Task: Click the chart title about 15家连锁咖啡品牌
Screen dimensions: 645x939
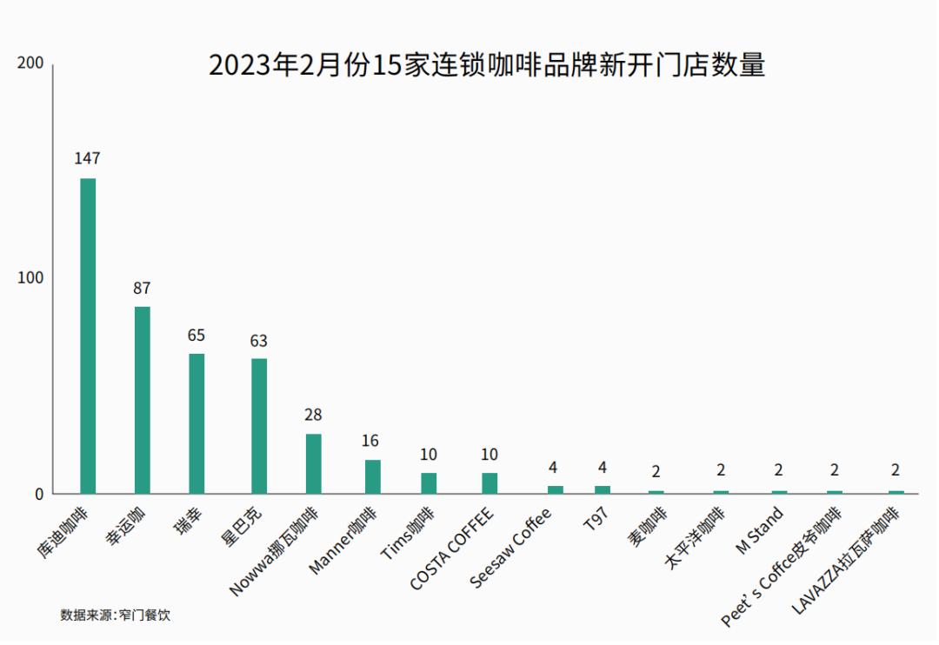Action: click(487, 65)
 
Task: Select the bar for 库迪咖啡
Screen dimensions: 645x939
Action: click(88, 336)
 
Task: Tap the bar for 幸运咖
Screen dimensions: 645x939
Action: click(142, 400)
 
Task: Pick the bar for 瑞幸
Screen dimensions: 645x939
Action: click(196, 423)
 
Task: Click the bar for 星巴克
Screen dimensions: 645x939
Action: click(259, 426)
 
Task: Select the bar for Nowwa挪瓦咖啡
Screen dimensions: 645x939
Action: click(313, 463)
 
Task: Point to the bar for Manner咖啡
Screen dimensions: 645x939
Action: click(372, 476)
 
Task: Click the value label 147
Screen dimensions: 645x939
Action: click(88, 158)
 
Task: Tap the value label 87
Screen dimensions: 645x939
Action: click(142, 288)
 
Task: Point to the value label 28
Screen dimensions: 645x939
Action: click(313, 415)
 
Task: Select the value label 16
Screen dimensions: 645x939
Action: click(370, 441)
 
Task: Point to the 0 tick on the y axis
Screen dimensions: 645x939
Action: click(38, 494)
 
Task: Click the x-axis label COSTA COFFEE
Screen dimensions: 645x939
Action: click(452, 549)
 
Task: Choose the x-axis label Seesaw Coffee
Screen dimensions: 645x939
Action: click(511, 549)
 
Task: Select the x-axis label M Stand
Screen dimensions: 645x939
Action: click(759, 531)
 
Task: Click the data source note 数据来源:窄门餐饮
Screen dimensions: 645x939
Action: click(116, 615)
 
